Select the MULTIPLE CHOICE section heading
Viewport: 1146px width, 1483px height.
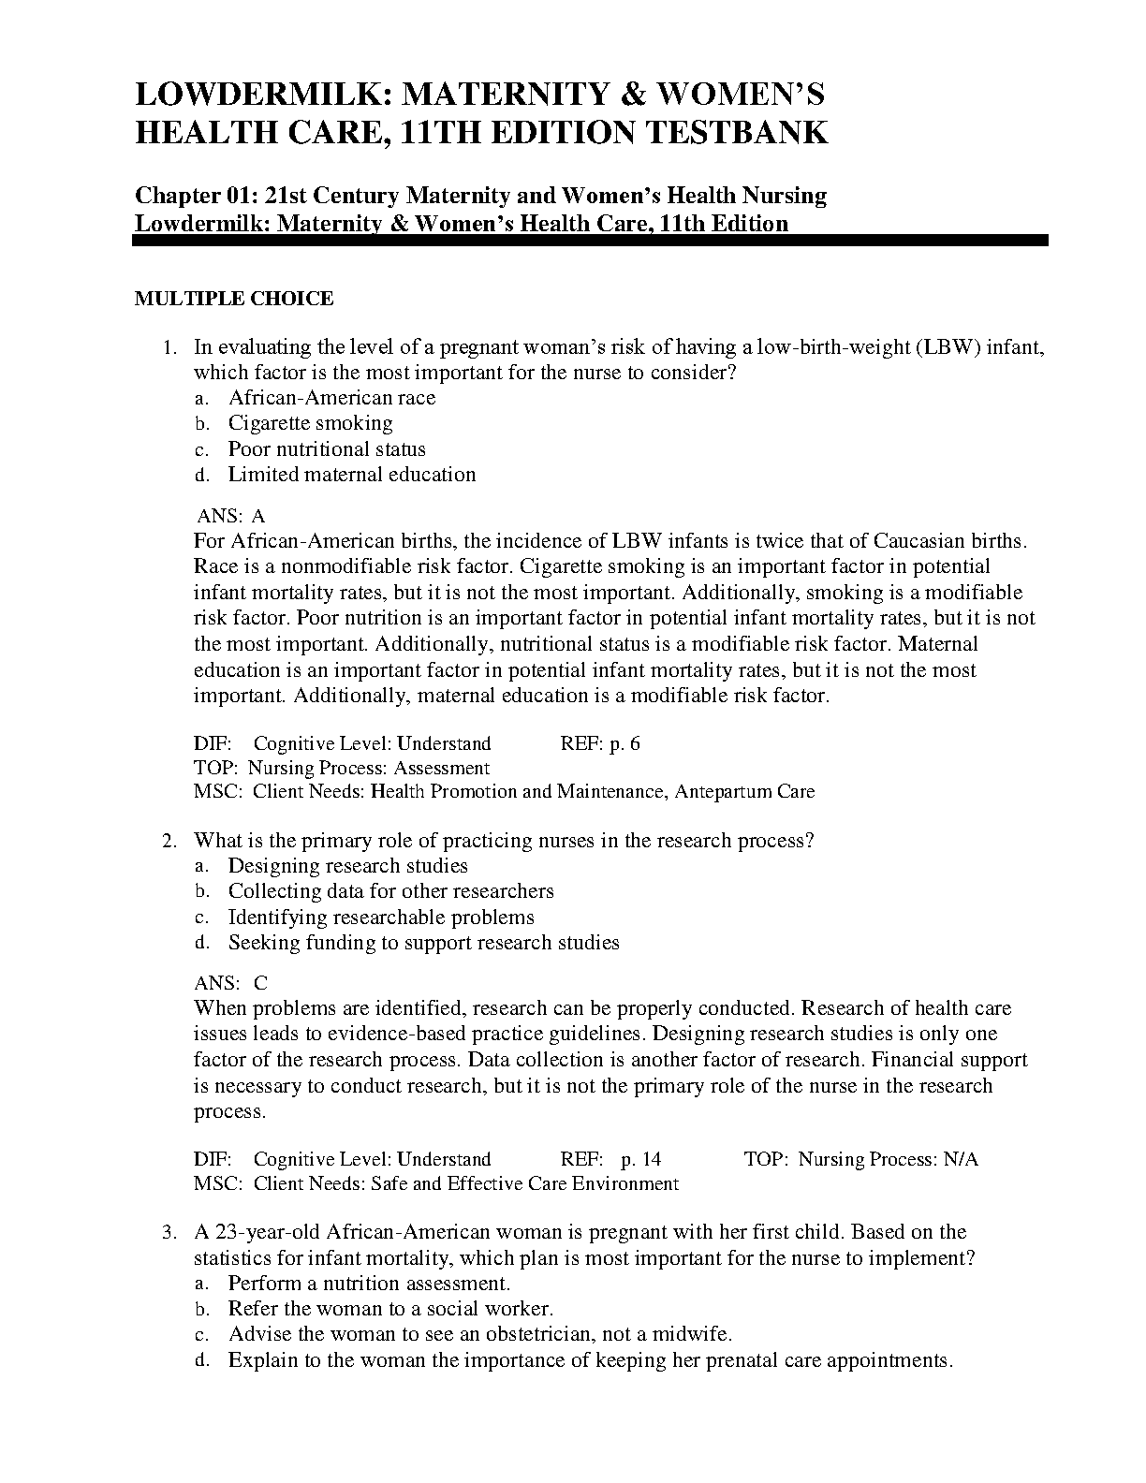pos(234,299)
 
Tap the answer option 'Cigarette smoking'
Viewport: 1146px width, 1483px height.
pos(310,423)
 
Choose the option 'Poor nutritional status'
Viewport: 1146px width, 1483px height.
pos(327,449)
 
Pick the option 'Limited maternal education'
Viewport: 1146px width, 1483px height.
pos(352,475)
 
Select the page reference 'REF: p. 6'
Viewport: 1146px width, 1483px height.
pos(600,744)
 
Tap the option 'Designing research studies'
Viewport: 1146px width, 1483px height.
pos(347,866)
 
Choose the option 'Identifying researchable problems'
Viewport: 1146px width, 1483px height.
pos(381,918)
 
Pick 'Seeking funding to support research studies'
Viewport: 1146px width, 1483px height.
pos(423,943)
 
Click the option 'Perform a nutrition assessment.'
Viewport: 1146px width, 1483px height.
pos(369,1284)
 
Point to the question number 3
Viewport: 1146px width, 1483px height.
pos(169,1232)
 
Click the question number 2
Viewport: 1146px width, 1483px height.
pos(169,841)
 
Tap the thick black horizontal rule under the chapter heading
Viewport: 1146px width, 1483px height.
pos(591,241)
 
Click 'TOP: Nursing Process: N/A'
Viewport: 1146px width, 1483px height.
pos(860,1159)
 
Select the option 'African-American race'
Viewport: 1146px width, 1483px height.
pos(331,398)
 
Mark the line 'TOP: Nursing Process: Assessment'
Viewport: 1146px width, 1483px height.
pos(342,768)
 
